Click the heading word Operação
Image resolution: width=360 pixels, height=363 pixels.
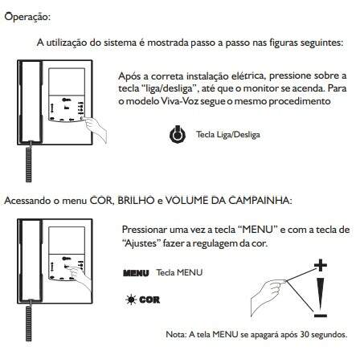(27, 17)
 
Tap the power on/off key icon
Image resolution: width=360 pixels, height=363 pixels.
(178, 134)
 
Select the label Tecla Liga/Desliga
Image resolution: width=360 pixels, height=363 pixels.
(228, 134)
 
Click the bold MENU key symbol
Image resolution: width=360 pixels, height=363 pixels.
(136, 273)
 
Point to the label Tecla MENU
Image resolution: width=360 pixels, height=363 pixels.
(179, 272)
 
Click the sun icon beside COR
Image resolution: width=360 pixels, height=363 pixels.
(131, 300)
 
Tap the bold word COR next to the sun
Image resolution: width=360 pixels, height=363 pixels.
(149, 300)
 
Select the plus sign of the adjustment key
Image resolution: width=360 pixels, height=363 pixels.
(321, 265)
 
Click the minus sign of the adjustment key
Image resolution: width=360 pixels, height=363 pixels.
(321, 316)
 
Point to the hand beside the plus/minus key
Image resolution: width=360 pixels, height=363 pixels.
(268, 296)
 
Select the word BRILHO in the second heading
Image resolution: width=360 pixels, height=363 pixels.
(136, 201)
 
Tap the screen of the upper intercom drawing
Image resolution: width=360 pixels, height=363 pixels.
(67, 81)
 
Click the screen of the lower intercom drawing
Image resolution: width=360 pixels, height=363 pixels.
(67, 240)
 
